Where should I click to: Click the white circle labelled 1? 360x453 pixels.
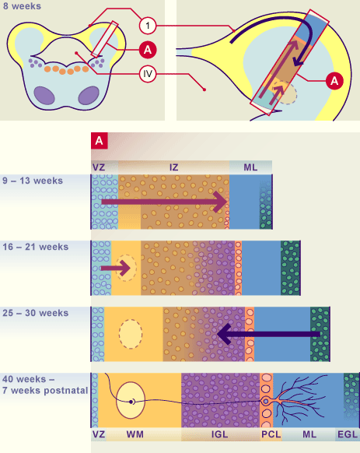148,26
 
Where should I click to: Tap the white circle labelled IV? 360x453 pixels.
148,74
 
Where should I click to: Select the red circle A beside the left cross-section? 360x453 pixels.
148,50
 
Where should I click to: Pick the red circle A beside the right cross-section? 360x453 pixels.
334,81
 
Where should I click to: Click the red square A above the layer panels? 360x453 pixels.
100,141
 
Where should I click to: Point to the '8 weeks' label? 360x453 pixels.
23,6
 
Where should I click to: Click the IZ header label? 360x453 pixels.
174,167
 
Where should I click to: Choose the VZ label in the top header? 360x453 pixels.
99,167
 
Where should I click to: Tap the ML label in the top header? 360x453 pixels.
250,167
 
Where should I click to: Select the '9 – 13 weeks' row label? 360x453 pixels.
33,181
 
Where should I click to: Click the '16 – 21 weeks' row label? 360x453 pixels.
36,247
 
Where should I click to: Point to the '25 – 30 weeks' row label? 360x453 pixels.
36,313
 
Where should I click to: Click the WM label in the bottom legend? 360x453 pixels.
135,434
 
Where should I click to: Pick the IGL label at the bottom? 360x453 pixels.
220,434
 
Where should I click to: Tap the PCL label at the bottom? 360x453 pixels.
271,434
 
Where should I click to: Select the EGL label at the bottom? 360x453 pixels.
348,434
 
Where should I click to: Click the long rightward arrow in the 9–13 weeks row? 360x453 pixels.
164,202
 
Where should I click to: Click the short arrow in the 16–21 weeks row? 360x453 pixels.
116,268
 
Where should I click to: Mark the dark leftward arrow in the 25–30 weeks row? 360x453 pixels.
268,334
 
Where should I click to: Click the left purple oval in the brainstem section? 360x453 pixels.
44,95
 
